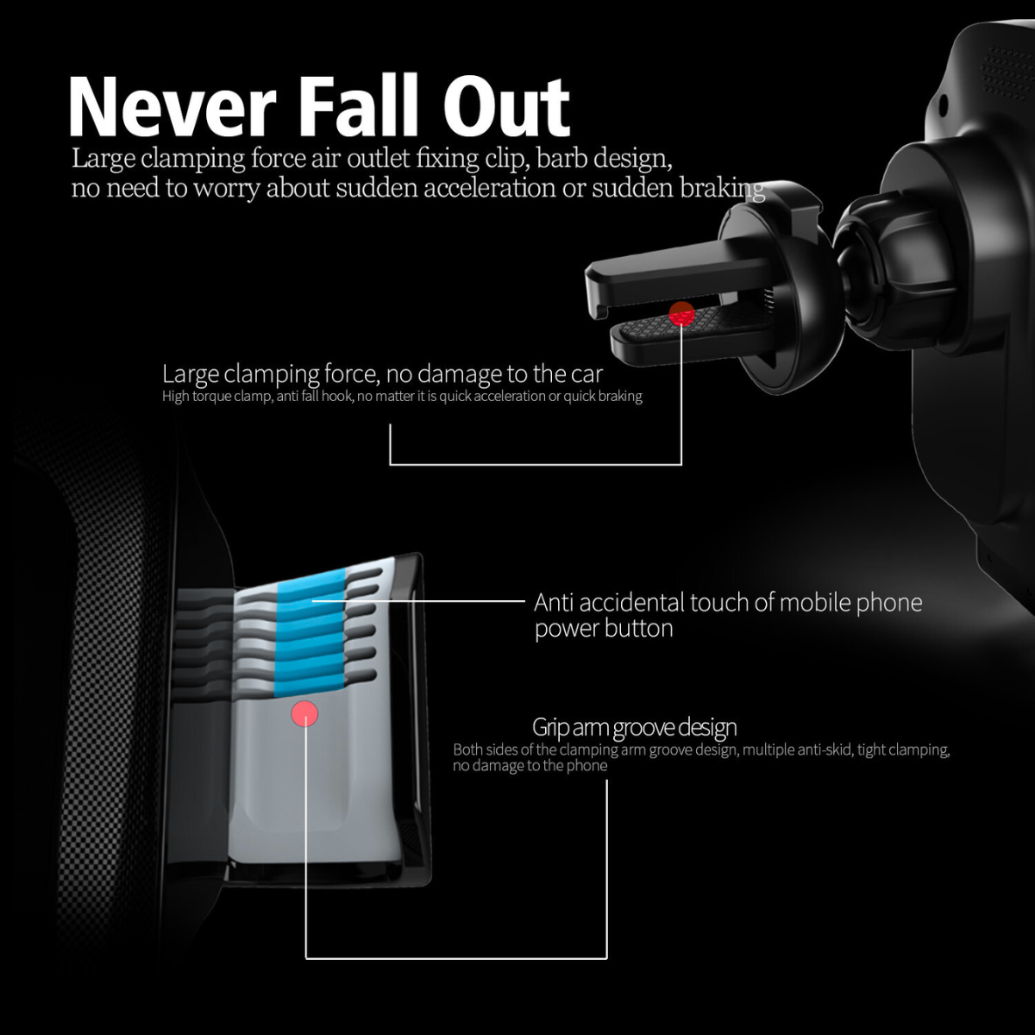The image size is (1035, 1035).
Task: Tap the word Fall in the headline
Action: pos(358,105)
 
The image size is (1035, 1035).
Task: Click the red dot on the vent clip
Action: pos(681,314)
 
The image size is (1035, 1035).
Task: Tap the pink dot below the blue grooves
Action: pos(304,713)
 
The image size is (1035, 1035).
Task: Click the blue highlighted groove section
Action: pos(310,634)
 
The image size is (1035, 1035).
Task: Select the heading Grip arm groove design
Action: pos(634,727)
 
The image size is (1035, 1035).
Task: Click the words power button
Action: pos(604,629)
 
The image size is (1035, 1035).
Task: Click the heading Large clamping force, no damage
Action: pos(382,374)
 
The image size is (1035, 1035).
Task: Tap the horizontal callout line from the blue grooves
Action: pos(418,600)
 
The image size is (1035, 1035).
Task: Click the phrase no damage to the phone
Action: pos(530,766)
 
